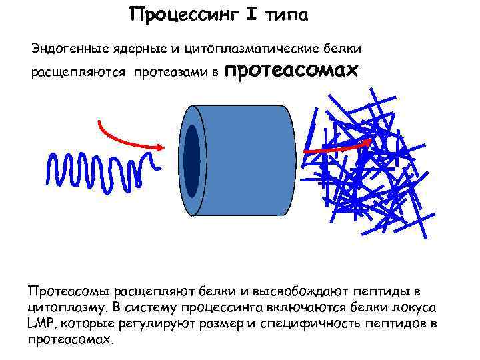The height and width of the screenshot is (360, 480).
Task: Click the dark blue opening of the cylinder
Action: [192, 161]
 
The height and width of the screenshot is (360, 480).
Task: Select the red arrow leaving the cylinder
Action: [337, 148]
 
